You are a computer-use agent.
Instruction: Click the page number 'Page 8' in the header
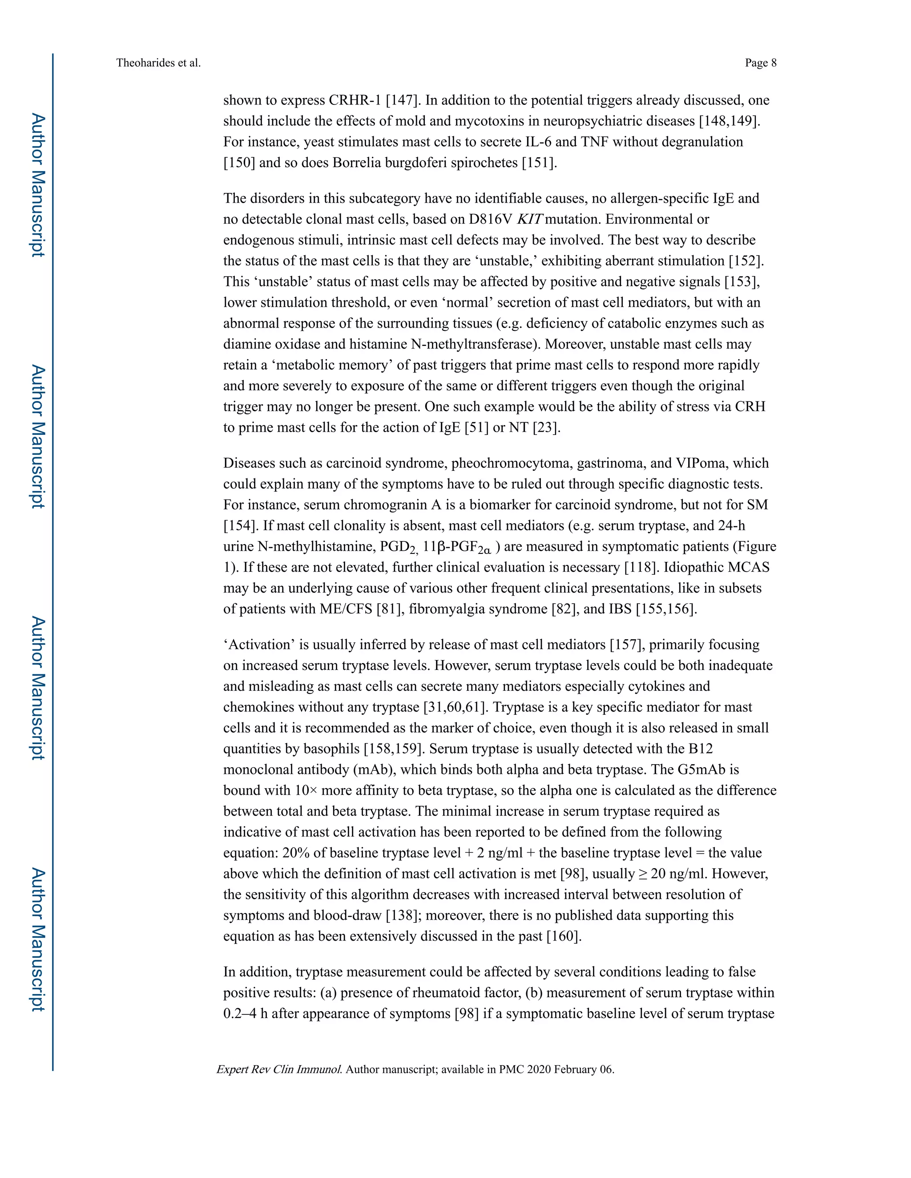click(760, 63)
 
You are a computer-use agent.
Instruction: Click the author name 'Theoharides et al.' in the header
click(158, 63)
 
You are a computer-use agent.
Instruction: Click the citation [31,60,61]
click(455, 707)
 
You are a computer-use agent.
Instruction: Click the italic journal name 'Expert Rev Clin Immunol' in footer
click(279, 1070)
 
